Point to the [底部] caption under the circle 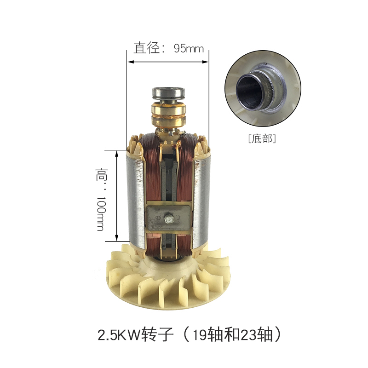[x=261, y=138]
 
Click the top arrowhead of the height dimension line [x=116, y=152]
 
